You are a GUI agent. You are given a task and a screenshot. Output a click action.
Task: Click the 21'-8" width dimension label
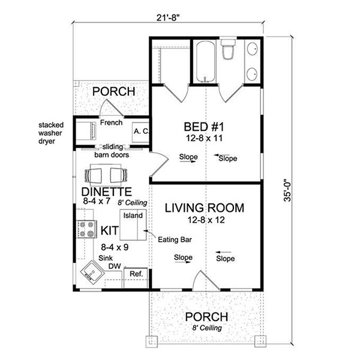(167, 17)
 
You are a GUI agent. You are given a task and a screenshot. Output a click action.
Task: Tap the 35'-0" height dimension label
(287, 190)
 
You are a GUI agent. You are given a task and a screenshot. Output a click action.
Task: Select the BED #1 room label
(204, 127)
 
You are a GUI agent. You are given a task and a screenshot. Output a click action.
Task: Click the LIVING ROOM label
(205, 208)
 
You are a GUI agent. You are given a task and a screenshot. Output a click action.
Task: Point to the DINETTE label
(107, 191)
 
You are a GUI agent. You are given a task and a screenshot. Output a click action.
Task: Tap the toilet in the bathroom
(229, 49)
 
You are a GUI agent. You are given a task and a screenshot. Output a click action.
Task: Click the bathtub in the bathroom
(206, 61)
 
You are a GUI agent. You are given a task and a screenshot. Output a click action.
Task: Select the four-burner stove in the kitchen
(86, 229)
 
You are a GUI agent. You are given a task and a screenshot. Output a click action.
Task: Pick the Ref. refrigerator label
(136, 274)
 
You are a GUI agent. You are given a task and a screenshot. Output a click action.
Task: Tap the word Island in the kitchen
(133, 215)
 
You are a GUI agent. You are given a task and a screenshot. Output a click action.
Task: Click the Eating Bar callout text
(175, 239)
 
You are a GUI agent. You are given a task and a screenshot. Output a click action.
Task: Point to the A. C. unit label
(142, 131)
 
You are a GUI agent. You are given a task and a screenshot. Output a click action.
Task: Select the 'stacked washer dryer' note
(51, 133)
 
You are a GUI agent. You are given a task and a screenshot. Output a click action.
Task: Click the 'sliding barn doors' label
(112, 151)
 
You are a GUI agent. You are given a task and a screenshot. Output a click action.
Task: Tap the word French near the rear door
(112, 122)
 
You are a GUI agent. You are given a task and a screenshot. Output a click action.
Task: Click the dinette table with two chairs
(106, 175)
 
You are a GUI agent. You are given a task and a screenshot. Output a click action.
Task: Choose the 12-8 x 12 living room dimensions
(206, 220)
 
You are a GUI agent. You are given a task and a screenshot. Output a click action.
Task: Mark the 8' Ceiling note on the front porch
(207, 328)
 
